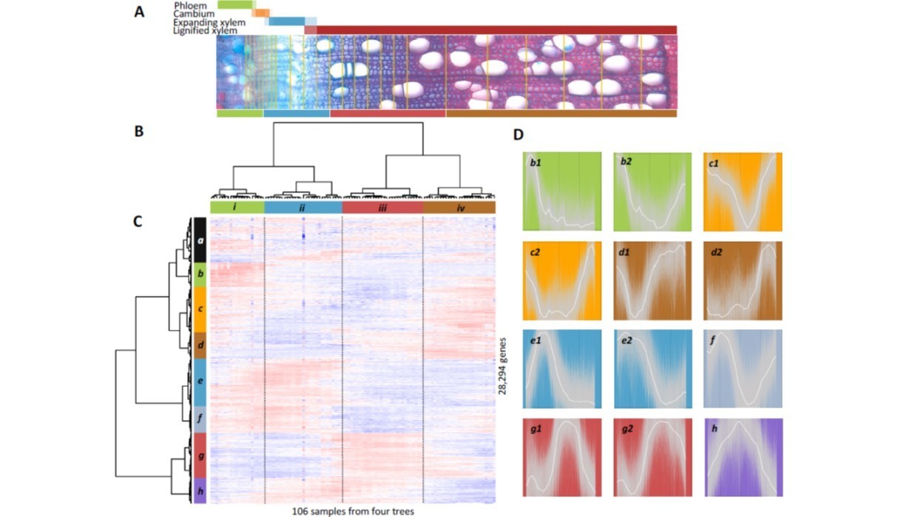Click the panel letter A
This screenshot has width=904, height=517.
pyautogui.click(x=139, y=13)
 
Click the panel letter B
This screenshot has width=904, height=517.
pyautogui.click(x=138, y=134)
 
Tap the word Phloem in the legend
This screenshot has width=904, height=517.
pyautogui.click(x=189, y=5)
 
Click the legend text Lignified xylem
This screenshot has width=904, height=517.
pyautogui.click(x=205, y=30)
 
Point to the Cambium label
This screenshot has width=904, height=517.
pyautogui.click(x=192, y=13)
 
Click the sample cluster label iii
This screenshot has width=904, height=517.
pyautogui.click(x=382, y=208)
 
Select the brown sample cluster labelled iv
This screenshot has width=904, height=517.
pyautogui.click(x=459, y=208)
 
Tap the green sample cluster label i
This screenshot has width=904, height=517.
pyautogui.click(x=237, y=208)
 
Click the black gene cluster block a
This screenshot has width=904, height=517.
pyautogui.click(x=198, y=240)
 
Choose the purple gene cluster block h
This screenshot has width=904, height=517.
pyautogui.click(x=198, y=490)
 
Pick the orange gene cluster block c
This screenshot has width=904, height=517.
pyautogui.click(x=198, y=309)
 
